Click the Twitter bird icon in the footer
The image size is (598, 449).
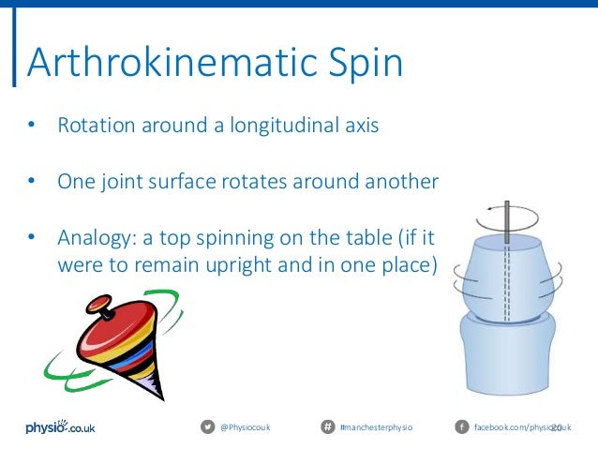207,427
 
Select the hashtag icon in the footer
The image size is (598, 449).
327,427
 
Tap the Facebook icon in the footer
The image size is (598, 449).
461,427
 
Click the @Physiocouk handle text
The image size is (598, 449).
245,428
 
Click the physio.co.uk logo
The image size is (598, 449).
60,427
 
